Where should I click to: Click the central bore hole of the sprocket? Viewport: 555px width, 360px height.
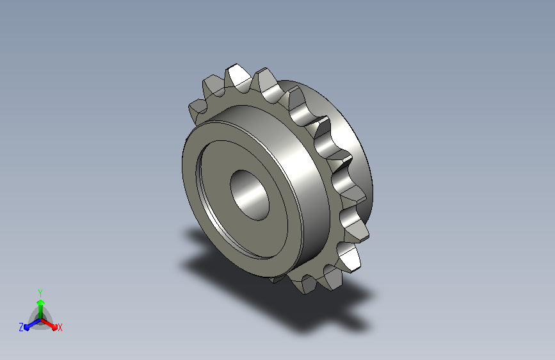click(x=250, y=195)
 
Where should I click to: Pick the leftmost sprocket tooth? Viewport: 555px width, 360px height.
click(x=198, y=109)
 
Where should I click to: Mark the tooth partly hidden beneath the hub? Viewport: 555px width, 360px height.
click(x=277, y=279)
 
